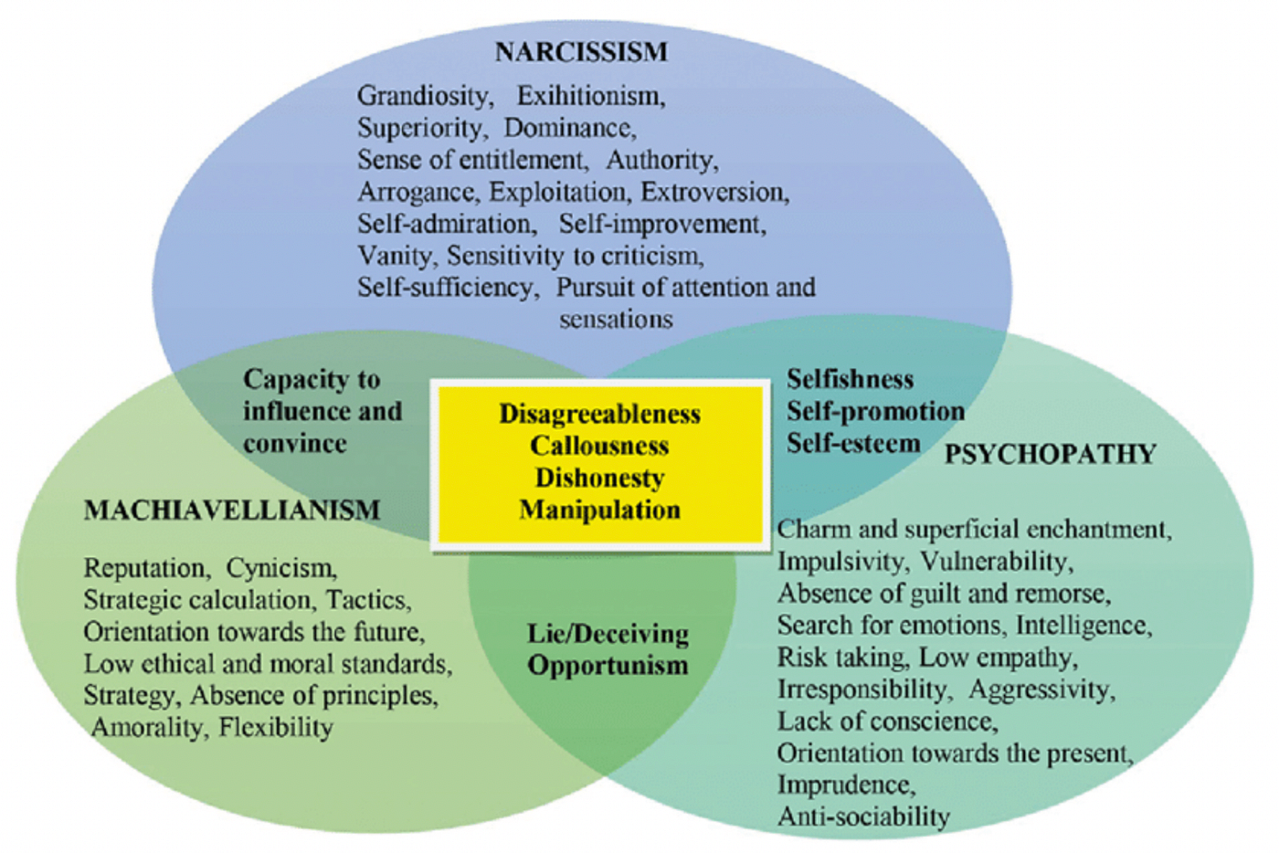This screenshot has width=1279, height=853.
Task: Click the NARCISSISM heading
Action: (x=581, y=52)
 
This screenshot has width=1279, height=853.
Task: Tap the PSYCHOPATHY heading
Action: (x=1050, y=454)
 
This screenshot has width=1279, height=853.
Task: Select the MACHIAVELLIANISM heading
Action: (x=232, y=510)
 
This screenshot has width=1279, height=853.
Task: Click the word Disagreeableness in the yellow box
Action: (x=599, y=415)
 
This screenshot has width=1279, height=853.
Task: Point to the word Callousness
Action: (x=599, y=447)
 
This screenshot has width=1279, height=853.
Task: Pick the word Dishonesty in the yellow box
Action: (x=599, y=479)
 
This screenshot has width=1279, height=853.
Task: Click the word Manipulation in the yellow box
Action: (x=599, y=510)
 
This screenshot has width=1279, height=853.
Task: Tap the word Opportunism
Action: (x=608, y=666)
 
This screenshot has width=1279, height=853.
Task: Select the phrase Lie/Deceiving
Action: (x=608, y=634)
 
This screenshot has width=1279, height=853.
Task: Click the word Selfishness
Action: (x=850, y=380)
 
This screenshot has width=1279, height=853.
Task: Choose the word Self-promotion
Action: (x=875, y=412)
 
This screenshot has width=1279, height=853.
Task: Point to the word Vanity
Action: (x=394, y=256)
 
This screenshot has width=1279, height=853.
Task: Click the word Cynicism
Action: (x=281, y=568)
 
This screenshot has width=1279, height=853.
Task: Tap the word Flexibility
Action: (x=275, y=728)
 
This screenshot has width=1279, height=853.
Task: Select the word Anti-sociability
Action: (x=863, y=816)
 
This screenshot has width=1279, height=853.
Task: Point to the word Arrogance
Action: (x=416, y=192)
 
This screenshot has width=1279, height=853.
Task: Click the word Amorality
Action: (x=148, y=728)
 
